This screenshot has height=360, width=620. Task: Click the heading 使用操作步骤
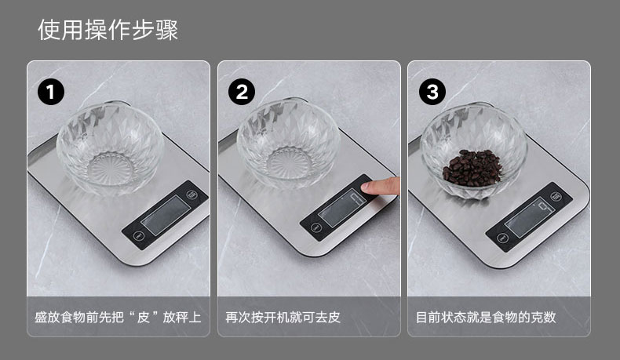tap(108, 30)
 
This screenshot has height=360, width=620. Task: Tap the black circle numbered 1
tap(50, 92)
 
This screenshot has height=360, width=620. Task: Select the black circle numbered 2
tap(242, 92)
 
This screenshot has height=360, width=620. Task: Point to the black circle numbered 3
tap(432, 92)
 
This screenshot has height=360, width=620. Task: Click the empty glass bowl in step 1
tap(111, 148)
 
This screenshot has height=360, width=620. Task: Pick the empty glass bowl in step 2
tap(289, 144)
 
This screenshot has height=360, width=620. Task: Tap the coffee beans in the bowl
tap(472, 168)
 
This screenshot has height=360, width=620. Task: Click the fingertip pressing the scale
tap(380, 186)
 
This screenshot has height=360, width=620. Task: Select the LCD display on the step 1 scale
tap(166, 216)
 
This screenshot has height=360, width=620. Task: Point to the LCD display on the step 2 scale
tap(343, 208)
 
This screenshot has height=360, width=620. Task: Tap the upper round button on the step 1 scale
tap(191, 195)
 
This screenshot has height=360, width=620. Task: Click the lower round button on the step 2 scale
tap(315, 227)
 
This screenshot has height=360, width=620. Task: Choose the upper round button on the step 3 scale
tap(556, 196)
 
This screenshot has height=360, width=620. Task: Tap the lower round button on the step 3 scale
tap(502, 238)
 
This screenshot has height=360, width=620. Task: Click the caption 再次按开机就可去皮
tap(283, 317)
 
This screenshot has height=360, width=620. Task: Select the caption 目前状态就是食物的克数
tap(486, 317)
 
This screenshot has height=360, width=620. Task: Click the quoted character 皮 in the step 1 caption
tap(143, 317)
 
